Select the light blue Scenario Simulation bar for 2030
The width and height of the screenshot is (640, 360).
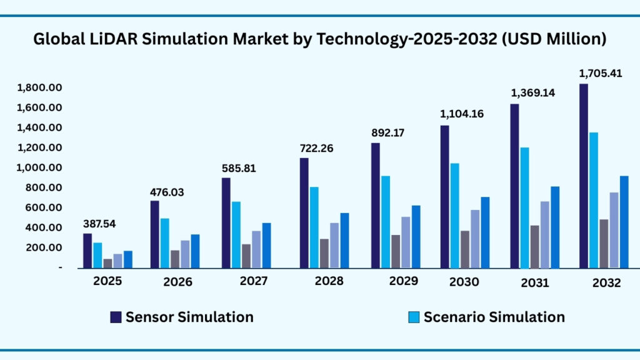tap(454, 216)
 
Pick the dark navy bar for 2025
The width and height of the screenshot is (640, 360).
tap(87, 251)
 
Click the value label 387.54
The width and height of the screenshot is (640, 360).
tap(101, 224)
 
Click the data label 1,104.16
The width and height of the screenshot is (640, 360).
tap(462, 114)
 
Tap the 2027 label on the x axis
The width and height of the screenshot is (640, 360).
tap(254, 281)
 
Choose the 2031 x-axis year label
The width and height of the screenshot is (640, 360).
tap(534, 282)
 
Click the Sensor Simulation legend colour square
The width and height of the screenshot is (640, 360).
tap(116, 317)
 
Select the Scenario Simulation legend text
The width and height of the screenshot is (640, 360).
tap(494, 317)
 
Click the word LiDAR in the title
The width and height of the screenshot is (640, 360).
tap(99, 39)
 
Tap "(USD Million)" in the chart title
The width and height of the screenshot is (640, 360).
tap(555, 39)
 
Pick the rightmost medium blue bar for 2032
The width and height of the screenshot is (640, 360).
tap(624, 222)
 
